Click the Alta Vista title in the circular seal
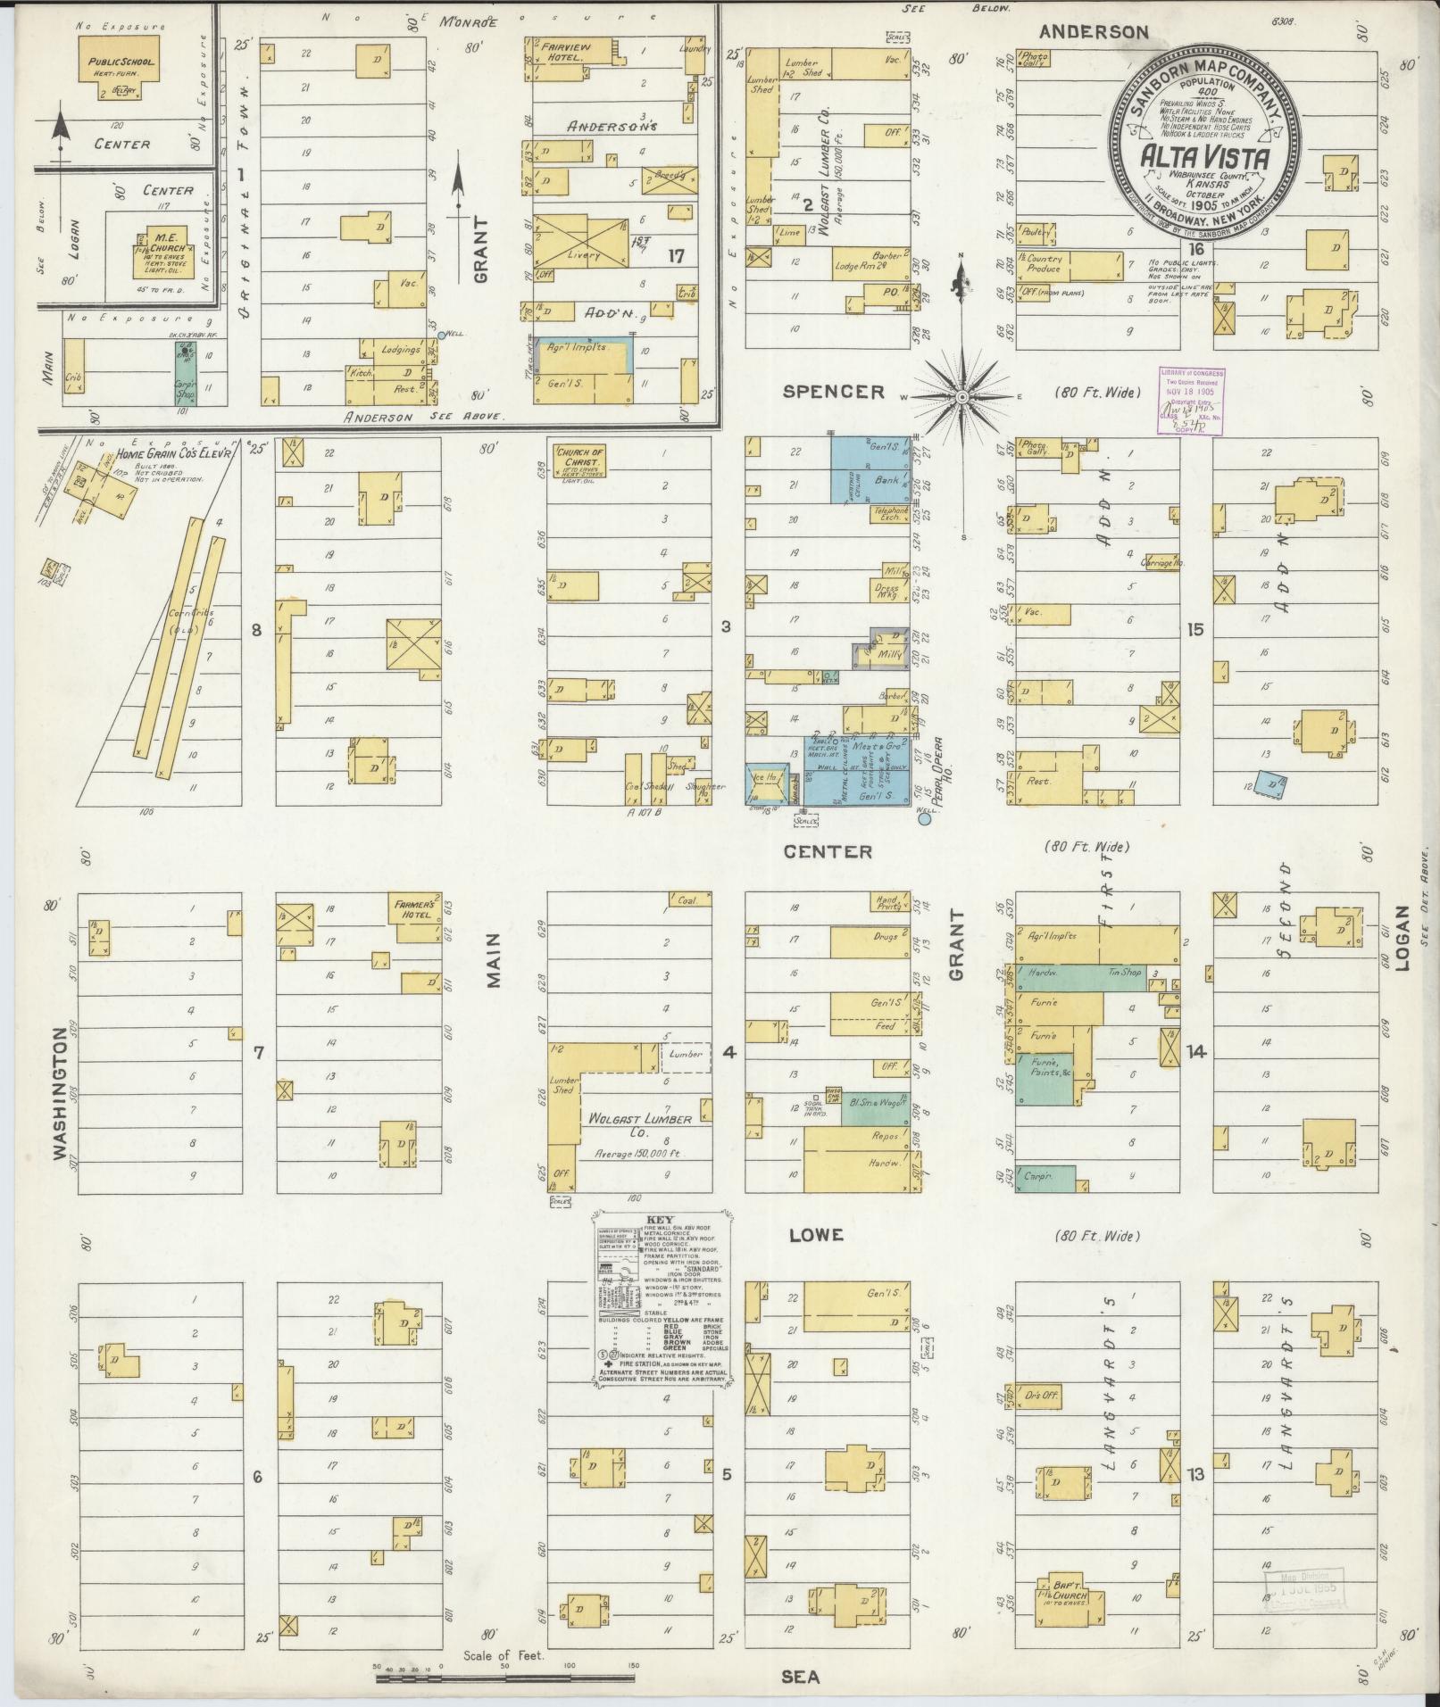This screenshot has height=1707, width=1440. click(x=1203, y=161)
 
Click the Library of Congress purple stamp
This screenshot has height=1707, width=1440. click(x=1191, y=401)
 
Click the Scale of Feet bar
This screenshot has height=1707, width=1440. click(x=505, y=1678)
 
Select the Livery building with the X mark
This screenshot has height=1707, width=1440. click(x=581, y=240)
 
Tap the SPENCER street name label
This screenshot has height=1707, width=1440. click(x=833, y=392)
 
